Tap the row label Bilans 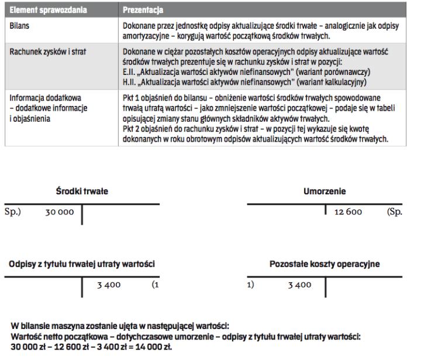click(20, 26)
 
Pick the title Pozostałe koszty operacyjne click(325, 263)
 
